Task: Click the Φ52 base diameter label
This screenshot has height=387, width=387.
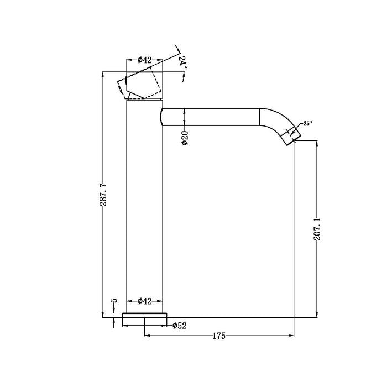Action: (179, 325)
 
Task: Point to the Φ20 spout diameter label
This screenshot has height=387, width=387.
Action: (185, 138)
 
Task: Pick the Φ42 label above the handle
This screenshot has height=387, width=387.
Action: (145, 60)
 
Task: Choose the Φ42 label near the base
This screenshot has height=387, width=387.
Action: (145, 301)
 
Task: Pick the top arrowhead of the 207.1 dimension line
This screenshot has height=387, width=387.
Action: (316, 143)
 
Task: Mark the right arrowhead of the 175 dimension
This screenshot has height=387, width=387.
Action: (290, 336)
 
